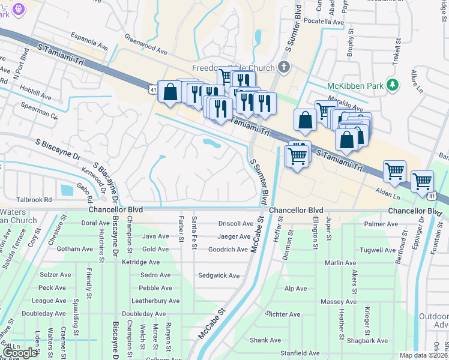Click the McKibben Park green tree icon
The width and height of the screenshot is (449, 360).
[x=393, y=85]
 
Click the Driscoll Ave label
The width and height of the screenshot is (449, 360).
[x=235, y=223]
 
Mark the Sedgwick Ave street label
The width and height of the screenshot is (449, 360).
[x=219, y=275]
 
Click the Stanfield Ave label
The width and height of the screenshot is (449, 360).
[x=300, y=353]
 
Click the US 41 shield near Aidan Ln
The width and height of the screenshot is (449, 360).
[x=432, y=196]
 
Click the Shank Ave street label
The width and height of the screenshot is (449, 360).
[x=265, y=340]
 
